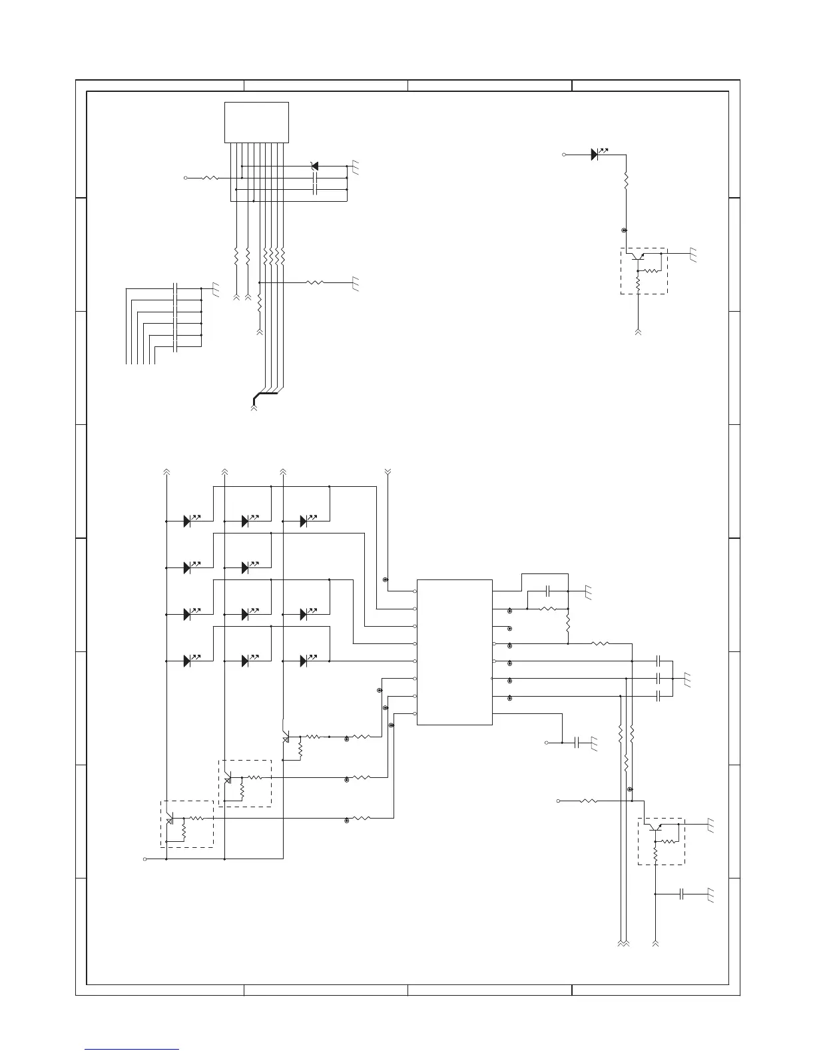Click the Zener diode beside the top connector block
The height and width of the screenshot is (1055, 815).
315,166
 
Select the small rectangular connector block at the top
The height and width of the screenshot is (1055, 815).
256,122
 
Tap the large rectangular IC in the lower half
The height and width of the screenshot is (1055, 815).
455,652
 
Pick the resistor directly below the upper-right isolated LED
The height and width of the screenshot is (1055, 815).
626,180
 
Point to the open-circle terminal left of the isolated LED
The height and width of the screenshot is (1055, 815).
565,155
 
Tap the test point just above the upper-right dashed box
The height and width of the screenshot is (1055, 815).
624,230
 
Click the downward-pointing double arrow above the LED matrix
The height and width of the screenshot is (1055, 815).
389,472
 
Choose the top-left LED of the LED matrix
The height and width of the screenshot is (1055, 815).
188,521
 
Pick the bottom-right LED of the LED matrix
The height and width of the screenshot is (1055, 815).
304,661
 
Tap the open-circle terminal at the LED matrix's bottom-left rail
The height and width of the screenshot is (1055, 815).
145,859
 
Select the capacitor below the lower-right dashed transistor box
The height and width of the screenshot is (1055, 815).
681,894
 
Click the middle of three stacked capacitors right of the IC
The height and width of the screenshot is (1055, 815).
658,678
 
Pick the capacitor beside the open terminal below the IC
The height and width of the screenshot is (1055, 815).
577,742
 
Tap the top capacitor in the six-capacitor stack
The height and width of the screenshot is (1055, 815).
175,288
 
